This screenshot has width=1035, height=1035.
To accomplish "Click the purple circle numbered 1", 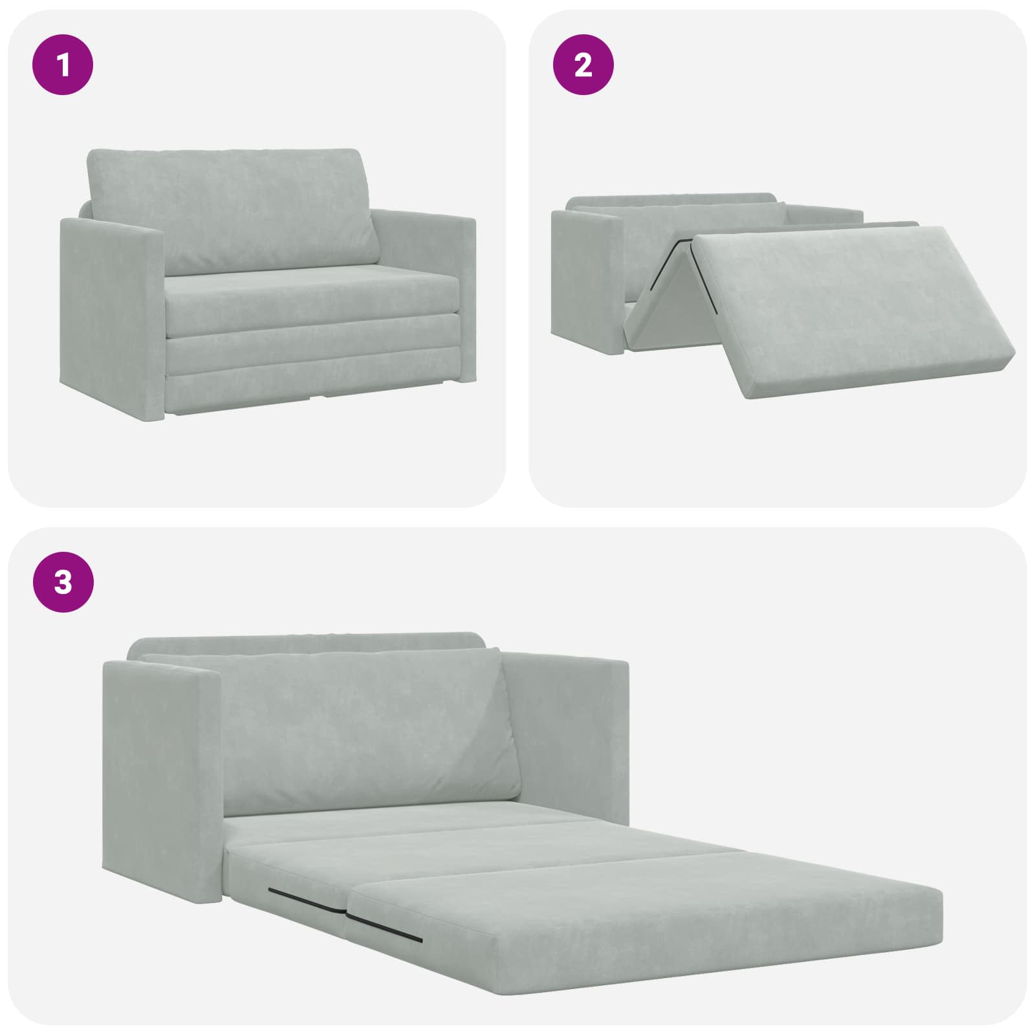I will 63,65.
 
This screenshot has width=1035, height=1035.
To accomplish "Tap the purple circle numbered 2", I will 583,65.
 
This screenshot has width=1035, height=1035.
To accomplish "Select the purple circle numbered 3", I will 63,582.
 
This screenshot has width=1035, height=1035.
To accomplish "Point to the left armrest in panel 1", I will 110,304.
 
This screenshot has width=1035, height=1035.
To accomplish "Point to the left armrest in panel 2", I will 585,285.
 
